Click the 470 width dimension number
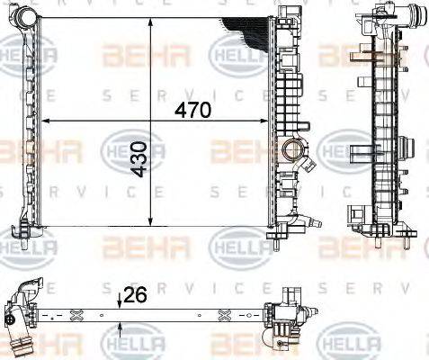tap(192, 111)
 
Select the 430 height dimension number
tap(140, 159)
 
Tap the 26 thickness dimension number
tap(135, 294)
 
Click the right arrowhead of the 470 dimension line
tap(264, 121)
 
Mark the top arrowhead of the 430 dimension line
tap(151, 22)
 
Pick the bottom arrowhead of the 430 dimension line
tap(151, 221)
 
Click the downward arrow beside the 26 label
tap(120, 301)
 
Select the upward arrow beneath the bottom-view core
tap(120, 330)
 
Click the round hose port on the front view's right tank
tap(293, 149)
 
